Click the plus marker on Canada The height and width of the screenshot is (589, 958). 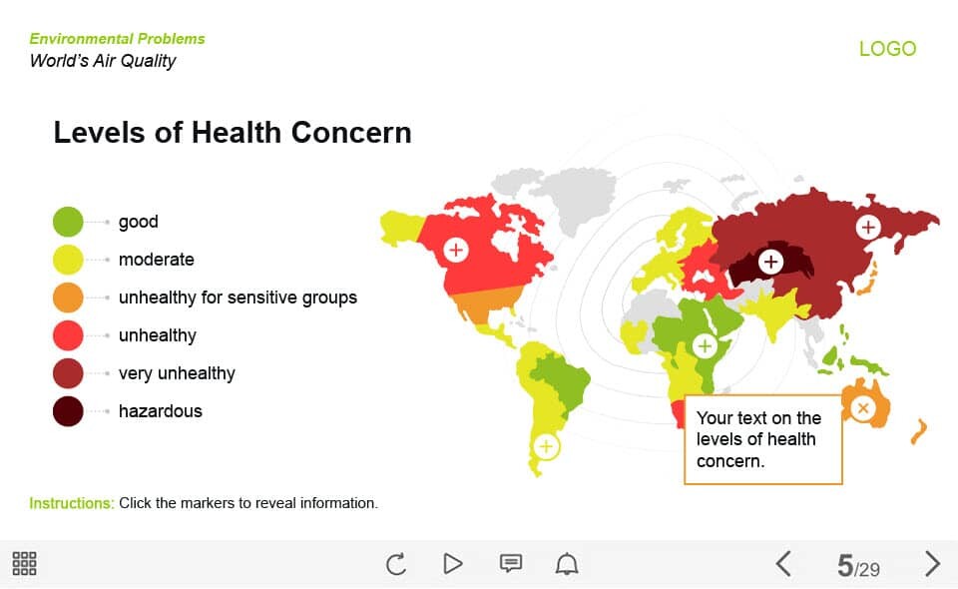(456, 250)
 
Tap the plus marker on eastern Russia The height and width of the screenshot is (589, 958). (867, 227)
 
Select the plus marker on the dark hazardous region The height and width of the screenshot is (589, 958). (771, 263)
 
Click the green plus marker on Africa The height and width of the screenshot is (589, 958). (705, 345)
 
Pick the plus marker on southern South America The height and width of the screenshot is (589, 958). (546, 446)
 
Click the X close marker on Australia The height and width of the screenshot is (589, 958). (862, 408)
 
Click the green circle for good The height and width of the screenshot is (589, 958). (68, 222)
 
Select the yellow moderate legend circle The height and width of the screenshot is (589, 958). (68, 260)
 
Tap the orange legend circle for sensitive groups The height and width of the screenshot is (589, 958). (68, 297)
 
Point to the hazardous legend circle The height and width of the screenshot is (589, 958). (68, 411)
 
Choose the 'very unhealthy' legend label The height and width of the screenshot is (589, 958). (177, 373)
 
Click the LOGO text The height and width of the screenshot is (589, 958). (888, 49)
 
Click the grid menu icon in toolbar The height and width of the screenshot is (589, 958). (24, 563)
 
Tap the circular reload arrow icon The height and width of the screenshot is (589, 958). (396, 563)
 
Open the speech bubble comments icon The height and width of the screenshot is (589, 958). (511, 563)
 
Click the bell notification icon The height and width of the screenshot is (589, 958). (567, 563)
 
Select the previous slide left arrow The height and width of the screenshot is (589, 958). (783, 563)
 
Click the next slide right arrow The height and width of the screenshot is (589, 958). (932, 563)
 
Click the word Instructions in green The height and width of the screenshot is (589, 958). (72, 503)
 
